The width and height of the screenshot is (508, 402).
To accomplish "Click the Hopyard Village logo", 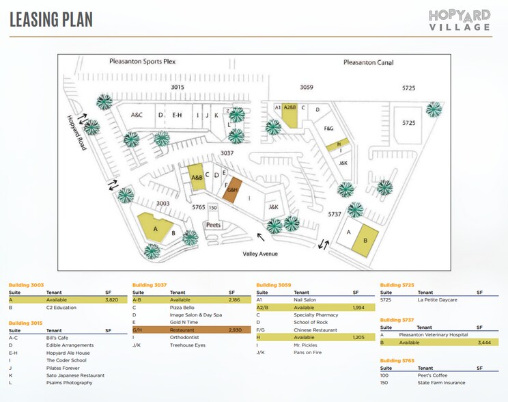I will pos(460,19).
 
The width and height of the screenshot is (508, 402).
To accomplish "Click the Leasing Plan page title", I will pos(51,20).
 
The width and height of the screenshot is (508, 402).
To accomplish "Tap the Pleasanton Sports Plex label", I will pos(143,62).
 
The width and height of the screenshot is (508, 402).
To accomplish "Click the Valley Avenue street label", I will pos(261,254).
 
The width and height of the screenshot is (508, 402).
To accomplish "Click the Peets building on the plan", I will pos(213,225).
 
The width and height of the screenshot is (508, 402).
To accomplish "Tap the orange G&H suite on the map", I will pos(231,189).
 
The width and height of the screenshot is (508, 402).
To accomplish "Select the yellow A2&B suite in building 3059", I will pos(290,114).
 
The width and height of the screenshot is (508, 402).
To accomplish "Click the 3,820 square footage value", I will pos(112,299).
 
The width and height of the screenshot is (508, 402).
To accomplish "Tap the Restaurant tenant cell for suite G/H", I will pos(182,330).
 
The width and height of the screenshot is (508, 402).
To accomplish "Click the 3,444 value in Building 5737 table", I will pos(485,342).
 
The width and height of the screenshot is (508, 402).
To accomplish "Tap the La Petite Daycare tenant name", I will pos(438,299).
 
